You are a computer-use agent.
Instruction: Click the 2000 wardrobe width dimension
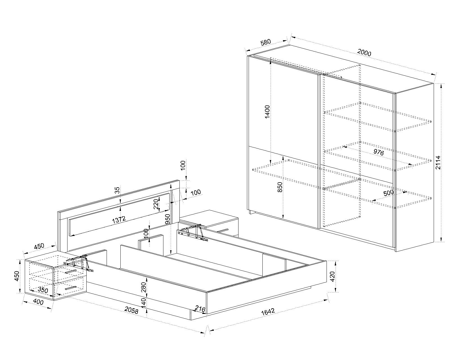(x=364, y=53)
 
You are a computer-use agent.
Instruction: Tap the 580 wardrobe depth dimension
(x=265, y=42)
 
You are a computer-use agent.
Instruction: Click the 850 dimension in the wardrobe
(x=280, y=187)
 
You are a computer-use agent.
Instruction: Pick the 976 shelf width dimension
(x=379, y=152)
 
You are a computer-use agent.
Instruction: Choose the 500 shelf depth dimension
(x=388, y=193)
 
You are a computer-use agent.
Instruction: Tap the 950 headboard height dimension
(x=168, y=219)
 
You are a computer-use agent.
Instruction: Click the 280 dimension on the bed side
(x=143, y=287)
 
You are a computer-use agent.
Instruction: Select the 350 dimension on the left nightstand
(x=42, y=290)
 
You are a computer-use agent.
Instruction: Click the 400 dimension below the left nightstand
(x=38, y=302)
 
